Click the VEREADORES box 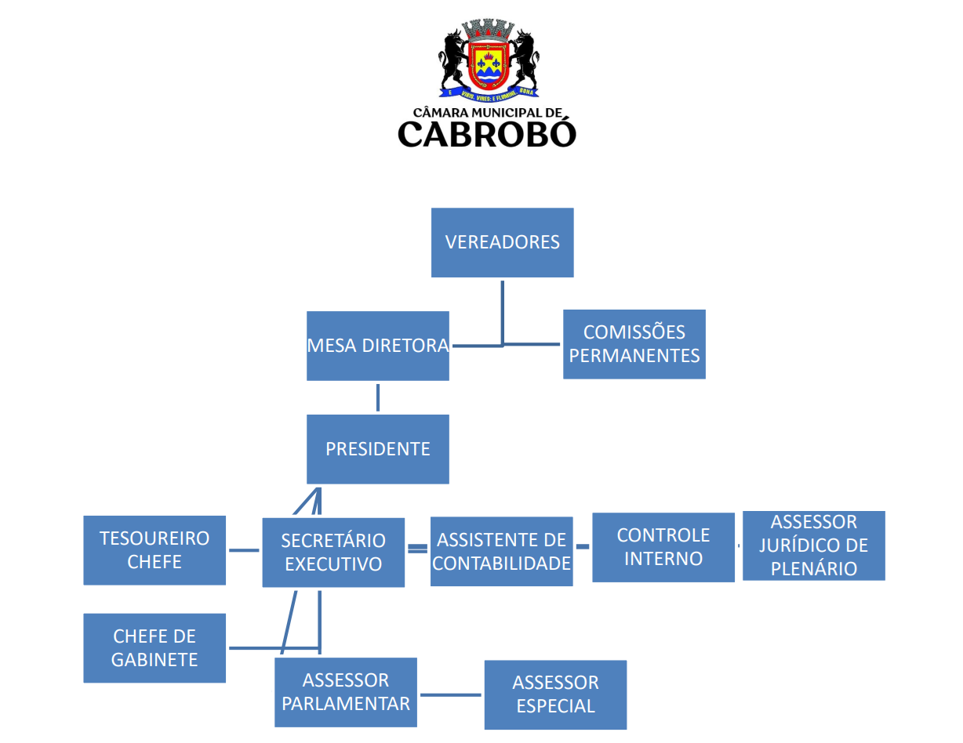(x=502, y=242)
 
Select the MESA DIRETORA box (x=377, y=346)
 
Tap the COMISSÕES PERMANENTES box (x=634, y=344)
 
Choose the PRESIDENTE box (x=377, y=449)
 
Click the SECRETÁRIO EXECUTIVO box (x=333, y=553)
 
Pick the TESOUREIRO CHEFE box (x=154, y=550)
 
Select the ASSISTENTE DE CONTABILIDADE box (x=501, y=551)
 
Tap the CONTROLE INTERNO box (x=663, y=547)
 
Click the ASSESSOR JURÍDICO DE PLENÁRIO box (x=813, y=545)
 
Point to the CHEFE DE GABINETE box (x=154, y=648)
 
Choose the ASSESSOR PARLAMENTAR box (x=345, y=692)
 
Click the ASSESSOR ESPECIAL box (x=555, y=694)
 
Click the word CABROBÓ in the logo (x=486, y=133)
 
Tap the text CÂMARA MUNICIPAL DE (x=486, y=113)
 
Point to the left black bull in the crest (x=455, y=59)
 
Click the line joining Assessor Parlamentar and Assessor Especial (x=450, y=694)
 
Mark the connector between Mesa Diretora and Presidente (x=378, y=397)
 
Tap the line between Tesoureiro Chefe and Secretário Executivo (x=243, y=550)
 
